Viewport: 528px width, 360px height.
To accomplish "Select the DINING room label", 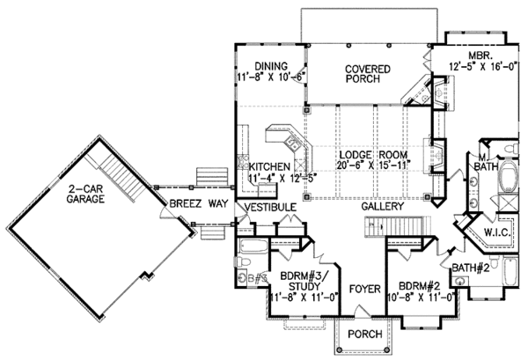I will point(272,65).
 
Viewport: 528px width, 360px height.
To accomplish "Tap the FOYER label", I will point(362,288).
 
